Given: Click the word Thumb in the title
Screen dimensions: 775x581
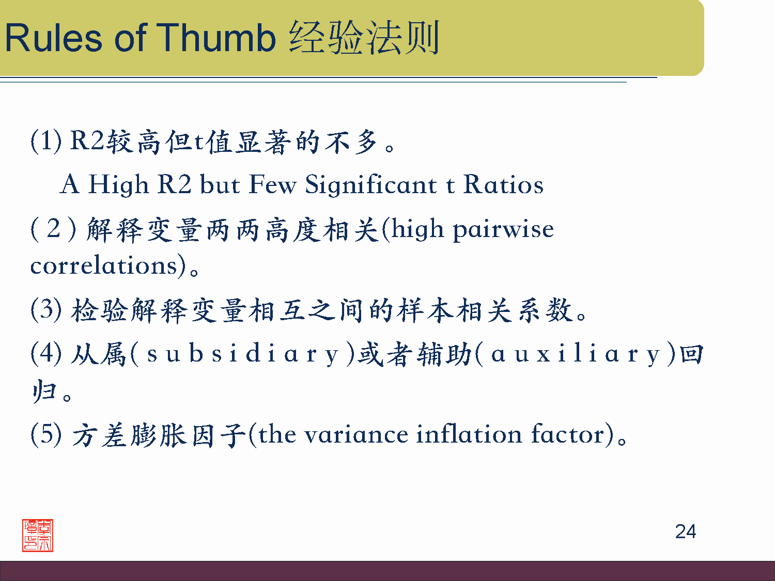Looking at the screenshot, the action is point(216,37).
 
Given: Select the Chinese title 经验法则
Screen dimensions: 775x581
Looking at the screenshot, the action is point(364,37).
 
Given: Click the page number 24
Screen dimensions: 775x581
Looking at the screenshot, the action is point(685,531).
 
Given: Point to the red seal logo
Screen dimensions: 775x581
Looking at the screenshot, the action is point(38,535).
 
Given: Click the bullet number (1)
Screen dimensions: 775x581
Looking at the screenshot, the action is point(47,142).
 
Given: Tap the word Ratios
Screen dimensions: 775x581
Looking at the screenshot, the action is point(503,184).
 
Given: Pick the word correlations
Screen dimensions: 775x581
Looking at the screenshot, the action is point(103,265).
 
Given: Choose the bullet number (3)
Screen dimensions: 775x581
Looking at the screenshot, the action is point(47,310).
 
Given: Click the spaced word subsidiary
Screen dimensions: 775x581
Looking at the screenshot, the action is point(243,354).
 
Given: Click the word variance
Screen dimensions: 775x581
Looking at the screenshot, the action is point(357,435).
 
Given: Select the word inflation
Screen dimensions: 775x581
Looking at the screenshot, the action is point(469,433).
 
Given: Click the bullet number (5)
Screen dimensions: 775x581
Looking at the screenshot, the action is point(47,434).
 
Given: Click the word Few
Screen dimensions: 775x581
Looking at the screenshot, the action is point(272,184).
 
